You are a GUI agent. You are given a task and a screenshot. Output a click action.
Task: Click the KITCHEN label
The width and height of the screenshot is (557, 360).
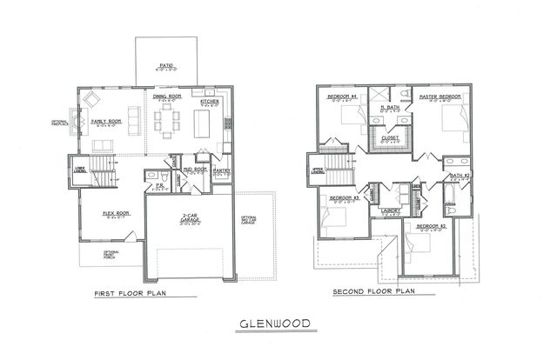tap(210, 101)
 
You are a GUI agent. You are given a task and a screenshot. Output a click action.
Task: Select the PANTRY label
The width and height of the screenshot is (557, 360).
tap(221, 171)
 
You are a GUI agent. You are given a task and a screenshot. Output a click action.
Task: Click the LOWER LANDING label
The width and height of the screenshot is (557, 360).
tap(79, 170)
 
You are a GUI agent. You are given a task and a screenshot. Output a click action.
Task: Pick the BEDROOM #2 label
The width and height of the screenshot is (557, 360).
tap(432, 225)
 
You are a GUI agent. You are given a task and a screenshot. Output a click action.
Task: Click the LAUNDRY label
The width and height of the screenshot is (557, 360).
tap(391, 210)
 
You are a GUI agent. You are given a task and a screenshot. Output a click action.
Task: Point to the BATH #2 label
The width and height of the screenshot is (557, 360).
tap(460, 176)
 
